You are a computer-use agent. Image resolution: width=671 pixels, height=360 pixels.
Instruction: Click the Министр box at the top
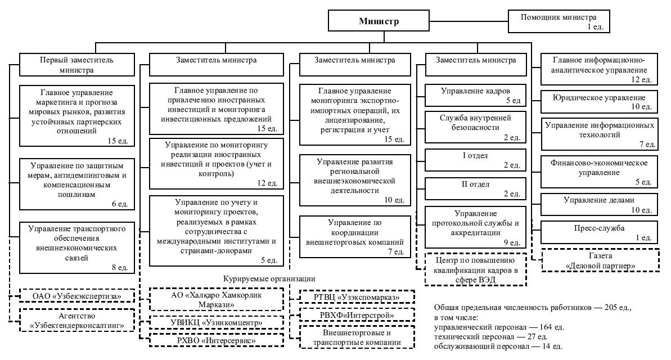pos(379,22)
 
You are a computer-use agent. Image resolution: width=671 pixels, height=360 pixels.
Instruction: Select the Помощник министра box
pos(558,21)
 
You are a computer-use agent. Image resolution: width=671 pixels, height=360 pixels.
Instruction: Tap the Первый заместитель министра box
pos(77,65)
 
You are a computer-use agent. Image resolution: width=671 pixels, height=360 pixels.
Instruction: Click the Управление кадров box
pos(476,94)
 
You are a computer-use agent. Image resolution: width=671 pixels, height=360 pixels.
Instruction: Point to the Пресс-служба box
pos(598,232)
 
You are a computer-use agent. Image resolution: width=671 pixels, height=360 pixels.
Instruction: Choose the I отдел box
pos(476,160)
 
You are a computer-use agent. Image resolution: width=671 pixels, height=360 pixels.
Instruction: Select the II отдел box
pos(476,188)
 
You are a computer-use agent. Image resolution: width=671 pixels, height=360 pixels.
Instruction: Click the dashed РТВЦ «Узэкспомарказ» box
pos(357,296)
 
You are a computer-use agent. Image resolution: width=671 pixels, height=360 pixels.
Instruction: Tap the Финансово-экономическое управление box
pos(598,172)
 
